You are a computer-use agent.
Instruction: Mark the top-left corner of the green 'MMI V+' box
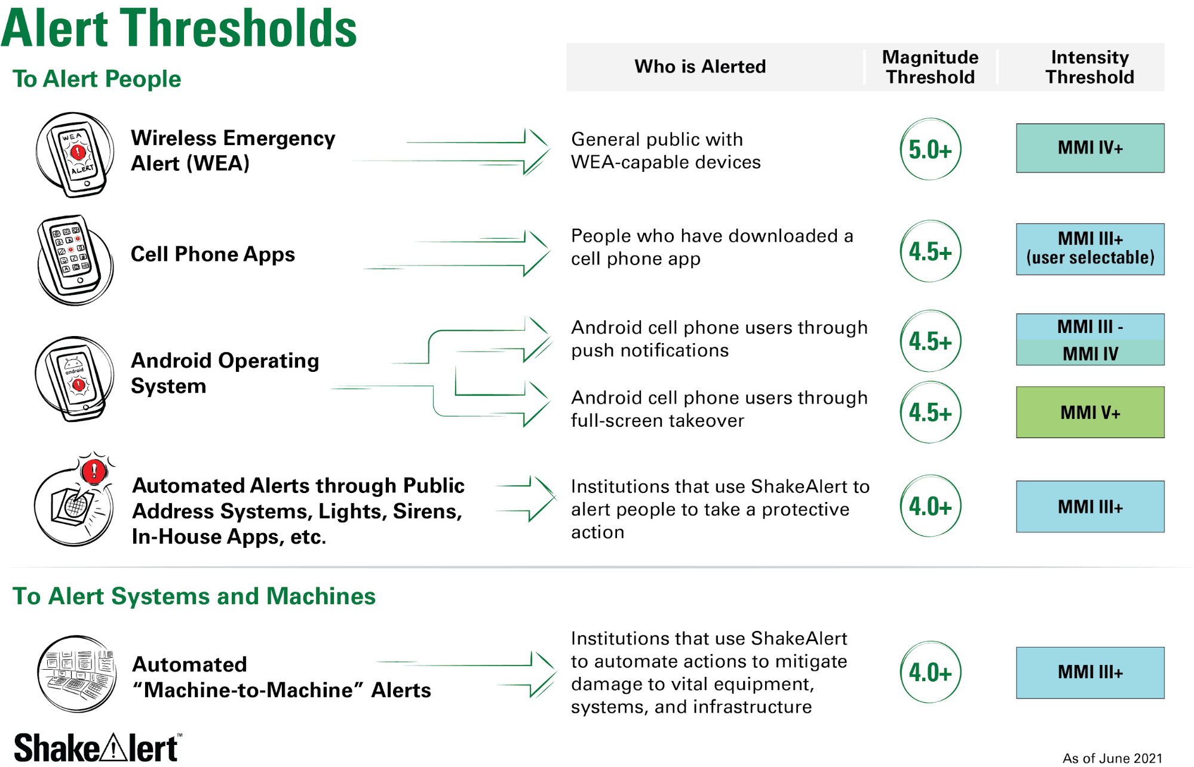[1017, 387]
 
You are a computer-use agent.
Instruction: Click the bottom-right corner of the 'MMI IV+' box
[1164, 173]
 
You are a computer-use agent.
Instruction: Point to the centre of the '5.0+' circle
[930, 149]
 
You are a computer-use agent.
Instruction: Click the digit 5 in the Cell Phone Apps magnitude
[928, 252]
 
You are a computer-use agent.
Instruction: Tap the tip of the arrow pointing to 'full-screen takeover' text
[550, 403]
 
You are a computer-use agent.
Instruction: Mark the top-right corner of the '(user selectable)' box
[1164, 224]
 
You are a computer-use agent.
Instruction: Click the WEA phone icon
[75, 154]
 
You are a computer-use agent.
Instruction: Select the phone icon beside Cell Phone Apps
[75, 260]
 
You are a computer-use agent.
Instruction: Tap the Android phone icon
[74, 378]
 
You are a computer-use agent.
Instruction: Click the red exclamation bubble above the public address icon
[94, 471]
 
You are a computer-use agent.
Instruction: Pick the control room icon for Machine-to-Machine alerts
[76, 674]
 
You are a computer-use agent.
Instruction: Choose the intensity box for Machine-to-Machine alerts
[1090, 673]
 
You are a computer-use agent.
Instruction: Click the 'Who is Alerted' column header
[700, 66]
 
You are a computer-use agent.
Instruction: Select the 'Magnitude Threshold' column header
[930, 67]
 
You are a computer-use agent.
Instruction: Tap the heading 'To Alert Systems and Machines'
[194, 596]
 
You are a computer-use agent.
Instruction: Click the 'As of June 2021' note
[1112, 758]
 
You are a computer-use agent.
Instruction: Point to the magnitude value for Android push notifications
[930, 341]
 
